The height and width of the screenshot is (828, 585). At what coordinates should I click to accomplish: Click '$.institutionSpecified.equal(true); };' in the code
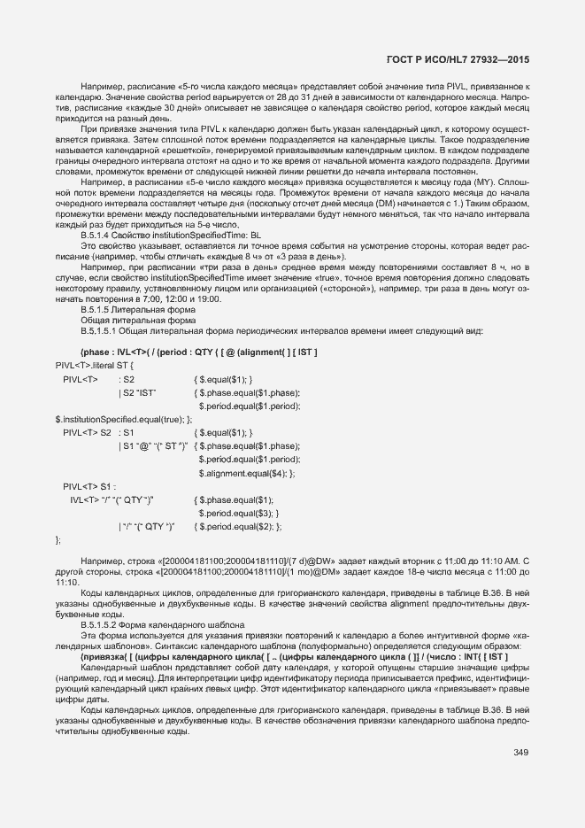tap(123, 419)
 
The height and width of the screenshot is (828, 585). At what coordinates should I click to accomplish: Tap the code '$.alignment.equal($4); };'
tap(247, 473)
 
